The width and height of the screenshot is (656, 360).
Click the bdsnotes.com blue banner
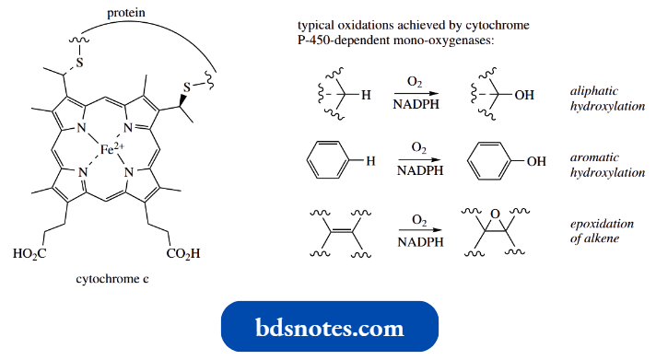click(329, 327)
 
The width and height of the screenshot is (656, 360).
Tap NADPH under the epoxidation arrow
click(419, 240)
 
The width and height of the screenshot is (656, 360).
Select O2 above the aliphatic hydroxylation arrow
click(419, 83)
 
